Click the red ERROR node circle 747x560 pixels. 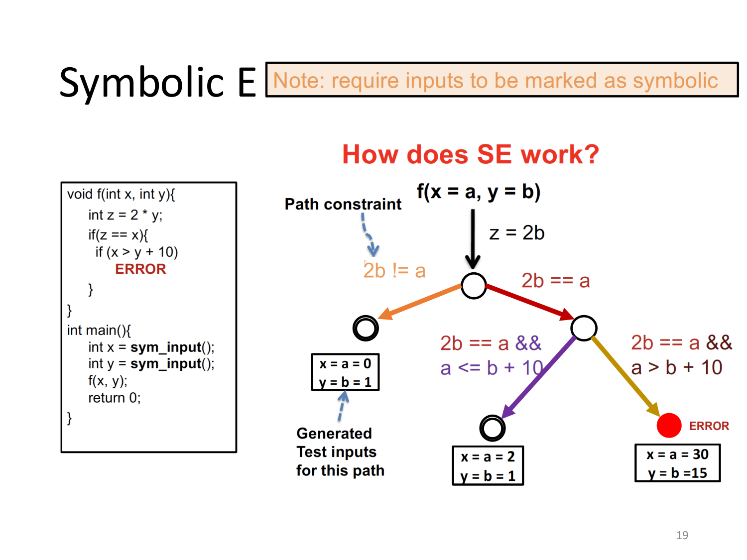click(668, 426)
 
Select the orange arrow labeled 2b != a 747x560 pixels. click(421, 301)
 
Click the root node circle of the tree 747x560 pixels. click(473, 286)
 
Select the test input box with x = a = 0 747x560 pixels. click(345, 372)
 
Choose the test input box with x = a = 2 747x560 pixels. click(488, 466)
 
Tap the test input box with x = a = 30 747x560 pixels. click(677, 463)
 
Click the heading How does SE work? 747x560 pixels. click(470, 154)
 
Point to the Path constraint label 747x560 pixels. click(343, 204)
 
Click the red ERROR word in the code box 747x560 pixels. click(140, 269)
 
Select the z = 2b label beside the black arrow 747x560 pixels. click(516, 233)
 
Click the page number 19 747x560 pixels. click(682, 535)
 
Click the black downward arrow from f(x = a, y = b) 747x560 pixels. click(473, 239)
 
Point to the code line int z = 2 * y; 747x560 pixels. click(125, 215)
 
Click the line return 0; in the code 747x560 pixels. click(114, 398)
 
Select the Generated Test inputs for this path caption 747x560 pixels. click(340, 452)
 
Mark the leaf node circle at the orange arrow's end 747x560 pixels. click(366, 328)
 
